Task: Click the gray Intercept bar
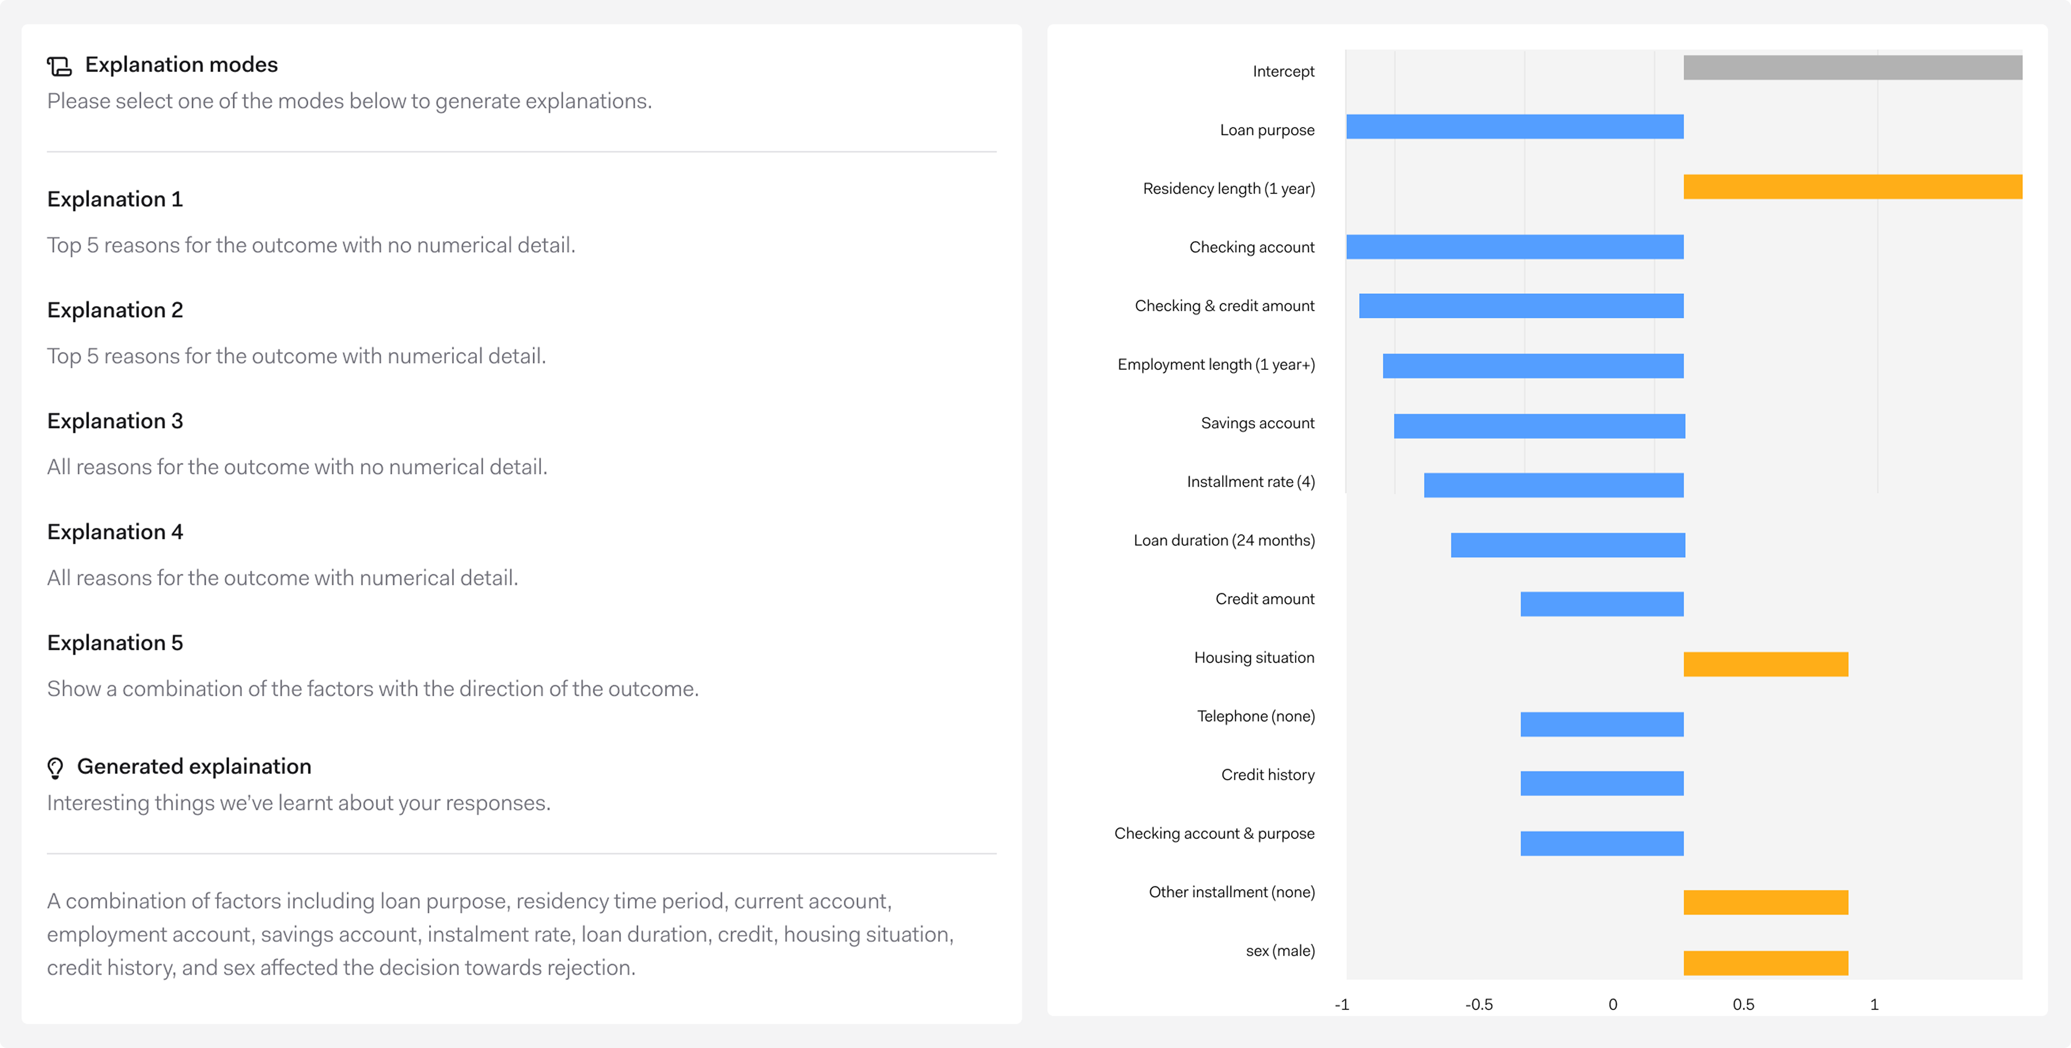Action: click(x=1852, y=68)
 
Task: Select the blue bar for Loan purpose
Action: click(x=1515, y=127)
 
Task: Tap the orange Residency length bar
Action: click(x=1852, y=187)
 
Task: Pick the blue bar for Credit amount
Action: click(x=1601, y=604)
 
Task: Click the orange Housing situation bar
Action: click(x=1765, y=664)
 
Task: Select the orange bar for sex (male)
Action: click(x=1765, y=963)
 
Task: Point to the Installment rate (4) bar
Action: click(x=1553, y=485)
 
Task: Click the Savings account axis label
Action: click(x=1257, y=423)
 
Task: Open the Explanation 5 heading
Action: click(x=115, y=643)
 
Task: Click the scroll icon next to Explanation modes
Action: click(x=59, y=66)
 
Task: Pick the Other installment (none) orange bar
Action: click(x=1765, y=902)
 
